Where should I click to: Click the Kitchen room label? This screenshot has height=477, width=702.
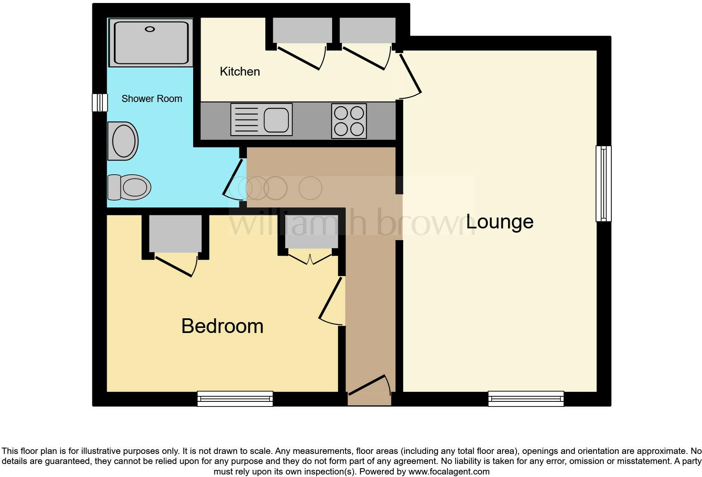coord(240,71)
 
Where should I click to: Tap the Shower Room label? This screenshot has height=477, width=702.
coord(152,99)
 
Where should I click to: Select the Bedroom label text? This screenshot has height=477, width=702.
coord(222,326)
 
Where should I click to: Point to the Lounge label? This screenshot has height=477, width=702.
coord(500,222)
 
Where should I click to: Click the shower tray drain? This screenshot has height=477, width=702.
coord(150,29)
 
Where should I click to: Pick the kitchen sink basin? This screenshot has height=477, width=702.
coord(276,119)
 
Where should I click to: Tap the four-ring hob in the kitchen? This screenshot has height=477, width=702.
coord(349,121)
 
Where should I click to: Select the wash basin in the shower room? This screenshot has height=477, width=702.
coord(123,141)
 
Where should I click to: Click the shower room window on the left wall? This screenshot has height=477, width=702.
coord(100,102)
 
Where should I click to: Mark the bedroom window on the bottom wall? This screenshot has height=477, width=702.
coord(235,398)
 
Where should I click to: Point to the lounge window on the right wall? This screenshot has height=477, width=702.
coord(603,183)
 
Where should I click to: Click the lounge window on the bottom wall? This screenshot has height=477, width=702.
coord(526,398)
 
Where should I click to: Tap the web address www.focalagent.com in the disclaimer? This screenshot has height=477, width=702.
coord(449,472)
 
